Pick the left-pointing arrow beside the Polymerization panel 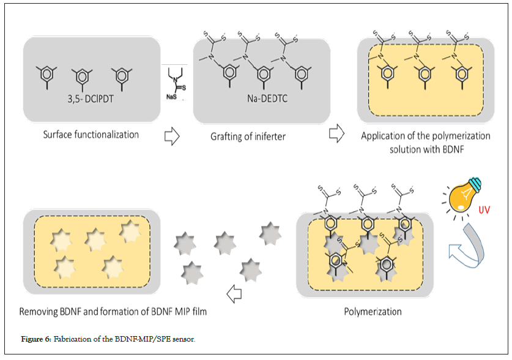234,296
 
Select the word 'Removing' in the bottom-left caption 39,312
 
